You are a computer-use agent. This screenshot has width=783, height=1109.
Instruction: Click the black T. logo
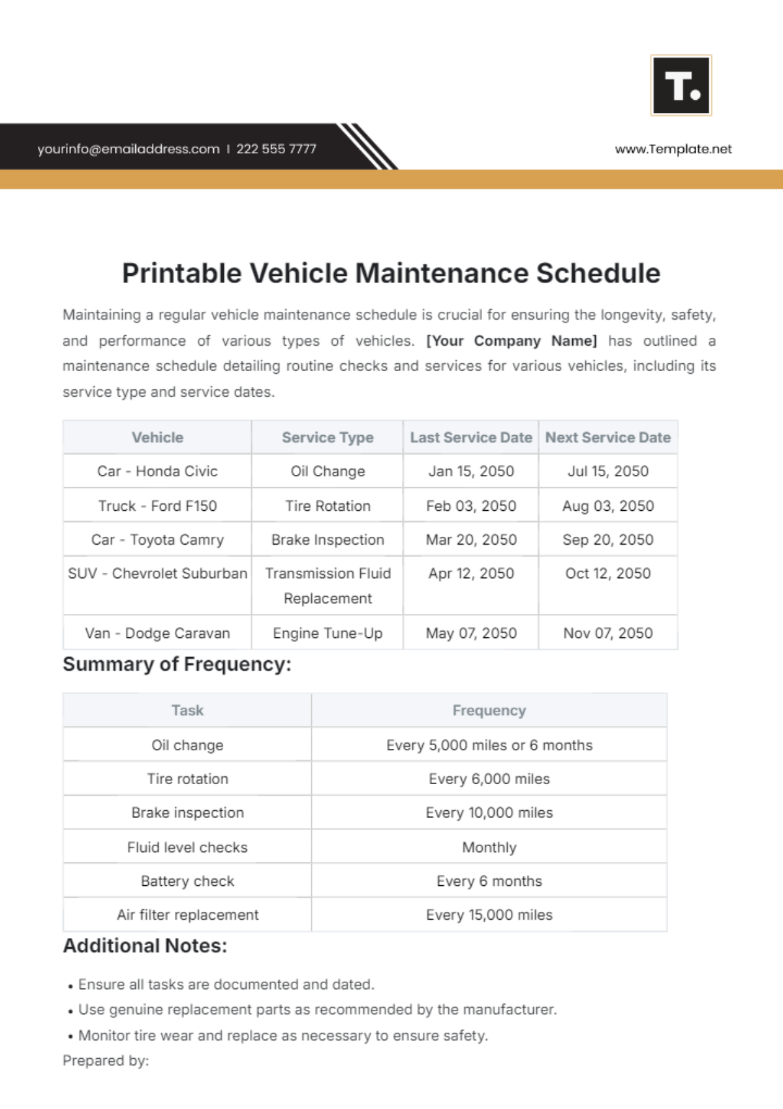click(x=681, y=85)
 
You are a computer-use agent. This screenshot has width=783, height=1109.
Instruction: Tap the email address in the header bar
click(x=129, y=149)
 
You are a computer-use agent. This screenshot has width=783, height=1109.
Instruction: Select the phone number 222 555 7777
click(x=276, y=149)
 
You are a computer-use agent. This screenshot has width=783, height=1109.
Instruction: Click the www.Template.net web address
click(x=673, y=149)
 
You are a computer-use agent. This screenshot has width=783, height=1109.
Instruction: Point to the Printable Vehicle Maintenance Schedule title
click(x=391, y=273)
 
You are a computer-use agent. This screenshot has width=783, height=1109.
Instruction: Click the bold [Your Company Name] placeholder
click(x=512, y=341)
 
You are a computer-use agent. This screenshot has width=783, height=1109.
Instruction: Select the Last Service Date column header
click(x=470, y=438)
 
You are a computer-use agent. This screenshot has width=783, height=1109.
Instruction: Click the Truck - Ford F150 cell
click(x=157, y=506)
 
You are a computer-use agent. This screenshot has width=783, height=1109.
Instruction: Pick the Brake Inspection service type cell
click(x=328, y=539)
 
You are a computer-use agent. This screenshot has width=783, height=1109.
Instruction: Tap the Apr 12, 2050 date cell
click(x=470, y=573)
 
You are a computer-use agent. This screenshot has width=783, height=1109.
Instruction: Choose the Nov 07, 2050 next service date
click(x=607, y=633)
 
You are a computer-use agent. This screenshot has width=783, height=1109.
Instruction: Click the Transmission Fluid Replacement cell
click(x=328, y=586)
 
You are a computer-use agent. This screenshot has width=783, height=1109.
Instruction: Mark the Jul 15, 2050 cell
click(x=607, y=471)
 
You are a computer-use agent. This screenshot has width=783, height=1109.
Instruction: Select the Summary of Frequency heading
click(x=177, y=664)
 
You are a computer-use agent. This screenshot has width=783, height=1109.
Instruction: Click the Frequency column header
click(x=489, y=710)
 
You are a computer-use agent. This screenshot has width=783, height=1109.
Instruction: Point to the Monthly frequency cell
click(x=489, y=847)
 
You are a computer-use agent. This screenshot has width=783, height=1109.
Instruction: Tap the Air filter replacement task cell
click(x=187, y=915)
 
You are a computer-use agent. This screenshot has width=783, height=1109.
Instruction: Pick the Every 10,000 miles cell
click(x=489, y=813)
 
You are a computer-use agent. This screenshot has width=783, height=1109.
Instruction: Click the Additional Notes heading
click(x=145, y=946)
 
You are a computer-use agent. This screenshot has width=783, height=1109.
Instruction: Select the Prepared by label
click(x=106, y=1061)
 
